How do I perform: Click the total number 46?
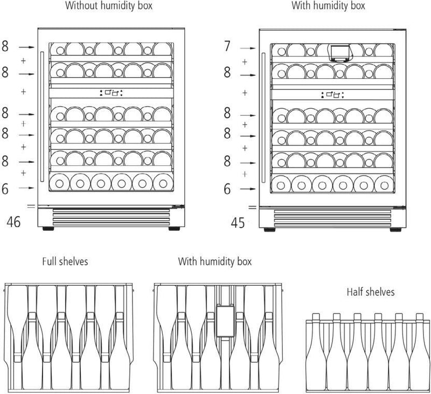tap(14, 222)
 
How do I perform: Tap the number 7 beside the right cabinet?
tap(227, 47)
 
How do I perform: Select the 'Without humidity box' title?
tap(108, 6)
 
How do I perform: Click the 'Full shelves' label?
tap(65, 262)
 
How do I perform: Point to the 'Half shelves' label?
tap(371, 292)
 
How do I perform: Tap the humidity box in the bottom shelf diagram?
tap(223, 321)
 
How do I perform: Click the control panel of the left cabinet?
tap(112, 93)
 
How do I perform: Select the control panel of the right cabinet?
tap(332, 95)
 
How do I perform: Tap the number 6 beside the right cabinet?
tap(227, 189)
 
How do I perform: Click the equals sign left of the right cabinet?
tap(252, 206)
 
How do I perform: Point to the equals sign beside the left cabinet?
tap(31, 206)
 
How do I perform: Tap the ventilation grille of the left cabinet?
tap(112, 217)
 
